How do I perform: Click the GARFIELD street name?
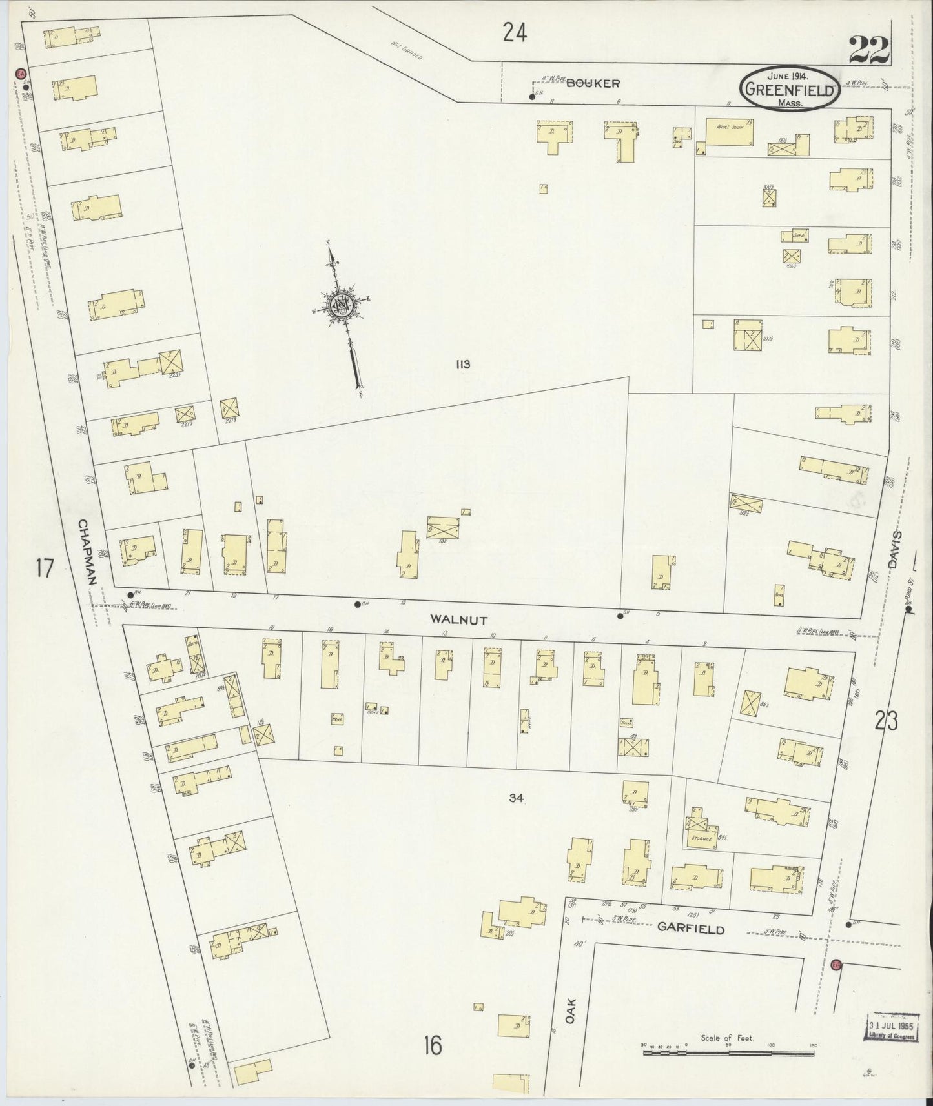click(x=690, y=929)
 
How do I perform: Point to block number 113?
click(x=462, y=365)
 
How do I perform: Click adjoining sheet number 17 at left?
click(x=44, y=568)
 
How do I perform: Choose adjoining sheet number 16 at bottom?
click(x=433, y=1045)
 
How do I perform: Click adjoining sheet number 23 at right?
click(x=886, y=720)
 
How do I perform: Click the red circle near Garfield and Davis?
click(x=836, y=965)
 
